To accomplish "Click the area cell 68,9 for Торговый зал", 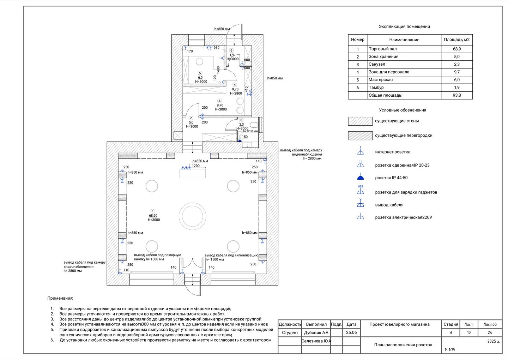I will [x=456, y=49].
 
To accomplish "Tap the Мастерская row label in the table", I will [x=380, y=80].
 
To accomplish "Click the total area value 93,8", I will [x=456, y=95].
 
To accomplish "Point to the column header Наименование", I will [x=404, y=40].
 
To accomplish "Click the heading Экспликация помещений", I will [x=404, y=26].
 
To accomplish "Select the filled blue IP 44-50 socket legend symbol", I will [x=360, y=178].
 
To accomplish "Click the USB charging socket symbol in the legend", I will [x=360, y=191].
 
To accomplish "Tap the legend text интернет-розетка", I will [x=392, y=152].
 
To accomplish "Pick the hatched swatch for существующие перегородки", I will [x=360, y=136].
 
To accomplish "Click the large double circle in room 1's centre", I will [x=192, y=215].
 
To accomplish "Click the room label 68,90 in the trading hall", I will [x=153, y=215].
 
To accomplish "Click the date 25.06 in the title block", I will [x=351, y=332].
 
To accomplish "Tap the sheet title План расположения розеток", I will [x=403, y=345].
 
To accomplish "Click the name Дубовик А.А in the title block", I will [x=316, y=332].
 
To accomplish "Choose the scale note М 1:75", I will [x=450, y=349].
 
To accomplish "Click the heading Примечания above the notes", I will [x=60, y=298].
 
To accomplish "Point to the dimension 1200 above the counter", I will [x=195, y=166].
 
